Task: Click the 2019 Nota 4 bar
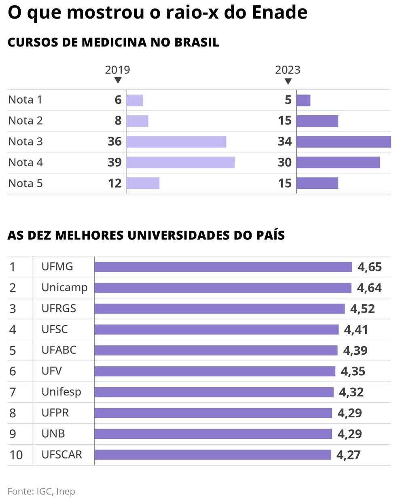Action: pos(180,163)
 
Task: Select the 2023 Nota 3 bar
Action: pos(343,142)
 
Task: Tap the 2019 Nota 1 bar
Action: pos(135,100)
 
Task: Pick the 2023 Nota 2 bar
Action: pos(317,121)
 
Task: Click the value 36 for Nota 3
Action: pos(114,142)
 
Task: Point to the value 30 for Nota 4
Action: pos(285,163)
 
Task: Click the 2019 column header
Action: pos(118,70)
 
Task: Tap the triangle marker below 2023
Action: pos(288,81)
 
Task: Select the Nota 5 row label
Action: pos(25,183)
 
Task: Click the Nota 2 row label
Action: pos(25,121)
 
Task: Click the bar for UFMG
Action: pos(223,267)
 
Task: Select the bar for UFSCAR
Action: pos(212,455)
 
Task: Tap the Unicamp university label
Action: pos(64,288)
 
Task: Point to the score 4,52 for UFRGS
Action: pos(362,309)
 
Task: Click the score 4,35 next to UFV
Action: pos(353,371)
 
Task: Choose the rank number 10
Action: pos(16,455)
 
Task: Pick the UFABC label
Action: pos(59,350)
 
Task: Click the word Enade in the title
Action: pos(279,13)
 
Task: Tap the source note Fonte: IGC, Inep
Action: pos(41,491)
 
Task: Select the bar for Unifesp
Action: pos(214,392)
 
